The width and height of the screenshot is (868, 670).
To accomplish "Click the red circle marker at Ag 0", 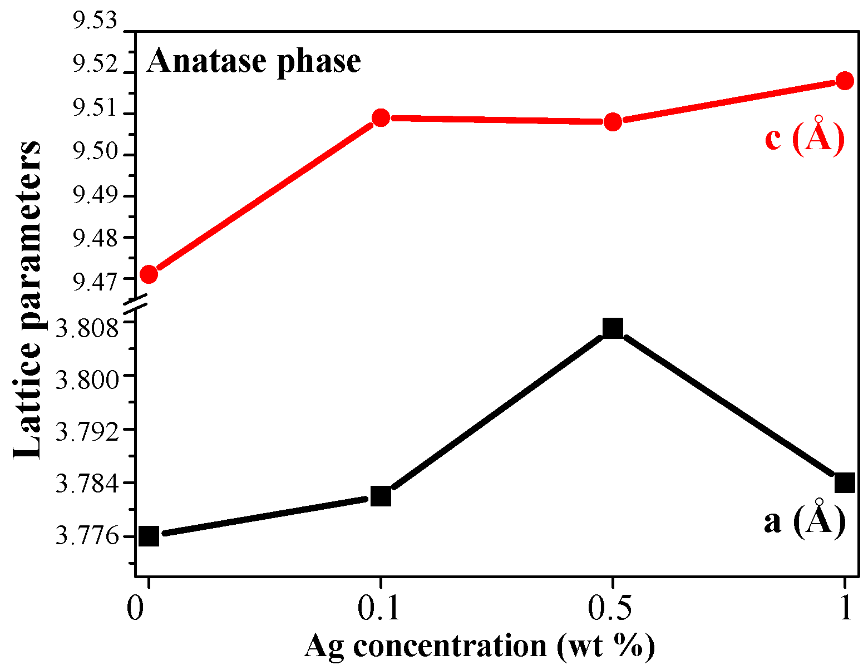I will pos(149,274).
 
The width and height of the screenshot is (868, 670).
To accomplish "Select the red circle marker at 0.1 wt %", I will pos(381,117).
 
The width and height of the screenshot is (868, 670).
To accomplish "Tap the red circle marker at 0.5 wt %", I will pos(613,122).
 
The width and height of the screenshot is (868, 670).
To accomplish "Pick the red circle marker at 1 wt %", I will pos(845,81).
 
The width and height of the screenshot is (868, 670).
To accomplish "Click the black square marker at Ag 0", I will pos(149,536).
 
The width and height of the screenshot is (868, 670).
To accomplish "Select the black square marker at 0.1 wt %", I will pos(381,495).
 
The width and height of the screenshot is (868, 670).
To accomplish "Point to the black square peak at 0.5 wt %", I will pos(613,328).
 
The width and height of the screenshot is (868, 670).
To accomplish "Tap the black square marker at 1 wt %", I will pos(845,482).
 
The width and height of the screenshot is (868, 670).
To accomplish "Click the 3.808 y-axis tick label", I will pos(88,328).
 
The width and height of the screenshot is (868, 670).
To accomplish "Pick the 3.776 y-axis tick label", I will pos(88,536).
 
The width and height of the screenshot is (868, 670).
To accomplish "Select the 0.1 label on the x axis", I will pos(380,609).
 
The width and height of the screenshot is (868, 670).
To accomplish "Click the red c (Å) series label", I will pos(805,136).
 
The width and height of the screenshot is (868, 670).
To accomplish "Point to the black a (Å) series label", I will pos(805,520).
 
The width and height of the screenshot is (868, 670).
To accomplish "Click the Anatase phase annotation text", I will pos(254,61).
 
